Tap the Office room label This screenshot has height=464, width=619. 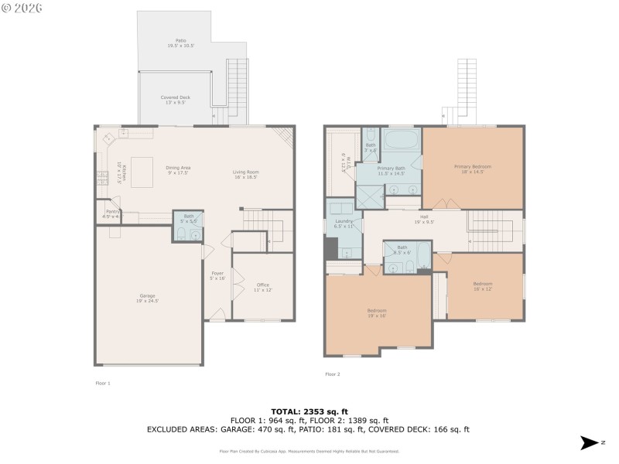pos(263,287)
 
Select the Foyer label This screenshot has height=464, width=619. pos(217,275)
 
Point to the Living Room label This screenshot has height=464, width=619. pos(245,174)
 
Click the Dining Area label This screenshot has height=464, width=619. pos(178,170)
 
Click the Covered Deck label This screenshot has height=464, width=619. pos(175,99)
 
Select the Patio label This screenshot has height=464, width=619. pos(176,43)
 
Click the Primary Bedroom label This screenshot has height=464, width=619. pos(473,169)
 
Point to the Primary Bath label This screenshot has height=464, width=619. pos(392,170)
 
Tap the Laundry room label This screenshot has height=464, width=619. pos(344,224)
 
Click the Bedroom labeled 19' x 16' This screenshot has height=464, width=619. pos(377,312)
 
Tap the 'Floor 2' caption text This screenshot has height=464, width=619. pos(333,374)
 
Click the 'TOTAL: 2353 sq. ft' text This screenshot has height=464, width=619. pos(309,411)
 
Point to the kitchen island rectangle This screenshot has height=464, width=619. pos(142,172)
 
